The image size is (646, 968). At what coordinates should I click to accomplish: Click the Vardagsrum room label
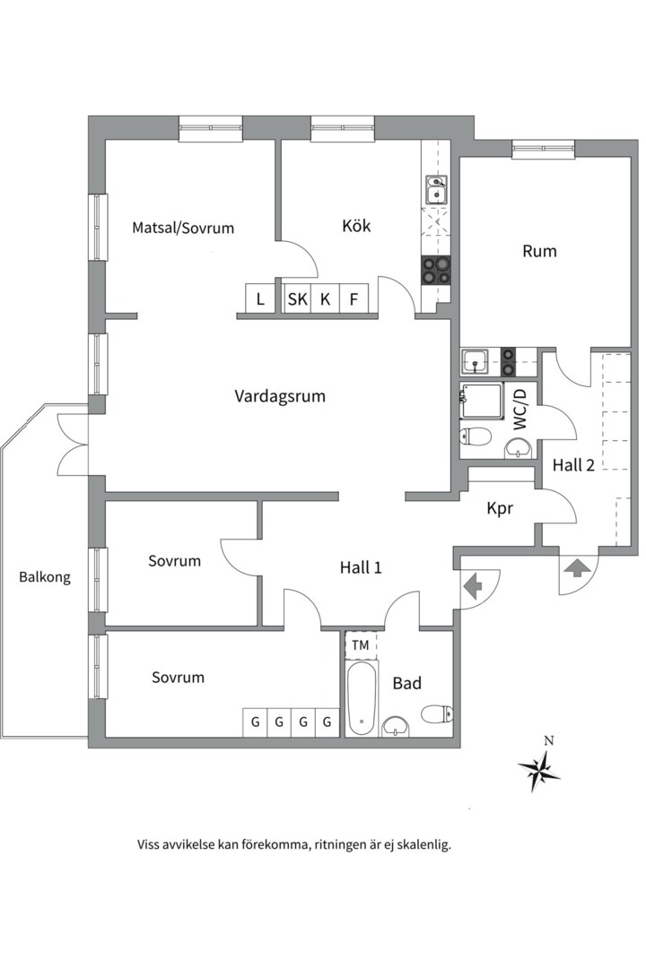tap(279, 396)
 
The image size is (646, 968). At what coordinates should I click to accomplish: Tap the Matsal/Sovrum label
tap(183, 228)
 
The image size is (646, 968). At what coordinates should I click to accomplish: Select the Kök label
tap(356, 226)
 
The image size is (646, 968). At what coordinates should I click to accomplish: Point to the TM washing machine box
tap(360, 645)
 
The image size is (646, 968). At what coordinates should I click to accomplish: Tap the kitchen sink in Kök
tap(436, 190)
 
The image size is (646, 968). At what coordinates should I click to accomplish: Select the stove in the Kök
tap(436, 270)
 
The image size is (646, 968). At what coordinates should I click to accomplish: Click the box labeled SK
tap(297, 299)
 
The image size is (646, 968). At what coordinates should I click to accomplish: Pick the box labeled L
tap(260, 299)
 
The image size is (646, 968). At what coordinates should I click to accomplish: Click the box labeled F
tap(354, 299)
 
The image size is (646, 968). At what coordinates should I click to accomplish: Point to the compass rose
tap(538, 768)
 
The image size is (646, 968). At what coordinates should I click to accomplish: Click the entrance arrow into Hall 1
tap(471, 584)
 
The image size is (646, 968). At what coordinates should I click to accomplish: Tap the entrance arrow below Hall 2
tap(574, 569)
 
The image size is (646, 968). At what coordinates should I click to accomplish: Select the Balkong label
tap(45, 577)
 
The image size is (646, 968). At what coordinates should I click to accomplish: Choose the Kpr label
tap(499, 508)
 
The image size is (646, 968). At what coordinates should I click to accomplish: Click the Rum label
tap(539, 251)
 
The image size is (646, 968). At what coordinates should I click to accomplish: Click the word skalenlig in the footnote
tap(418, 844)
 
